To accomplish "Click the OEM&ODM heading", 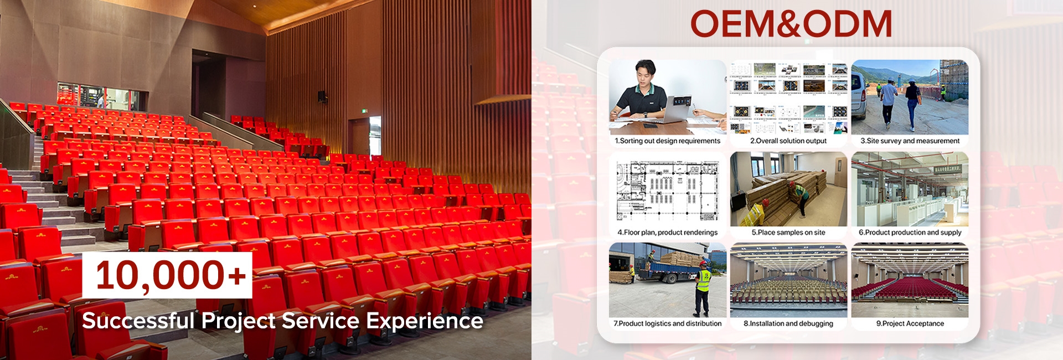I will (791, 24).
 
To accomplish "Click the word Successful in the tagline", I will (138, 321).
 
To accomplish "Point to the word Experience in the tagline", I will (425, 321).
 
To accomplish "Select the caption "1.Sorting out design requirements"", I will (668, 141).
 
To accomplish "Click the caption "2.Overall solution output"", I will (788, 141).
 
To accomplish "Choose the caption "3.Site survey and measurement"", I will (910, 141).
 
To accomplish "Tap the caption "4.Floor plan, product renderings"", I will (668, 233).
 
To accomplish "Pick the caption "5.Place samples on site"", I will (788, 233).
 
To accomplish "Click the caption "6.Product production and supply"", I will (910, 233).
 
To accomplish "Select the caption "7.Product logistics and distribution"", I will (668, 323).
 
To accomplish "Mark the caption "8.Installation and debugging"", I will (788, 323).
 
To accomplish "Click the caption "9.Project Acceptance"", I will (910, 323).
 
